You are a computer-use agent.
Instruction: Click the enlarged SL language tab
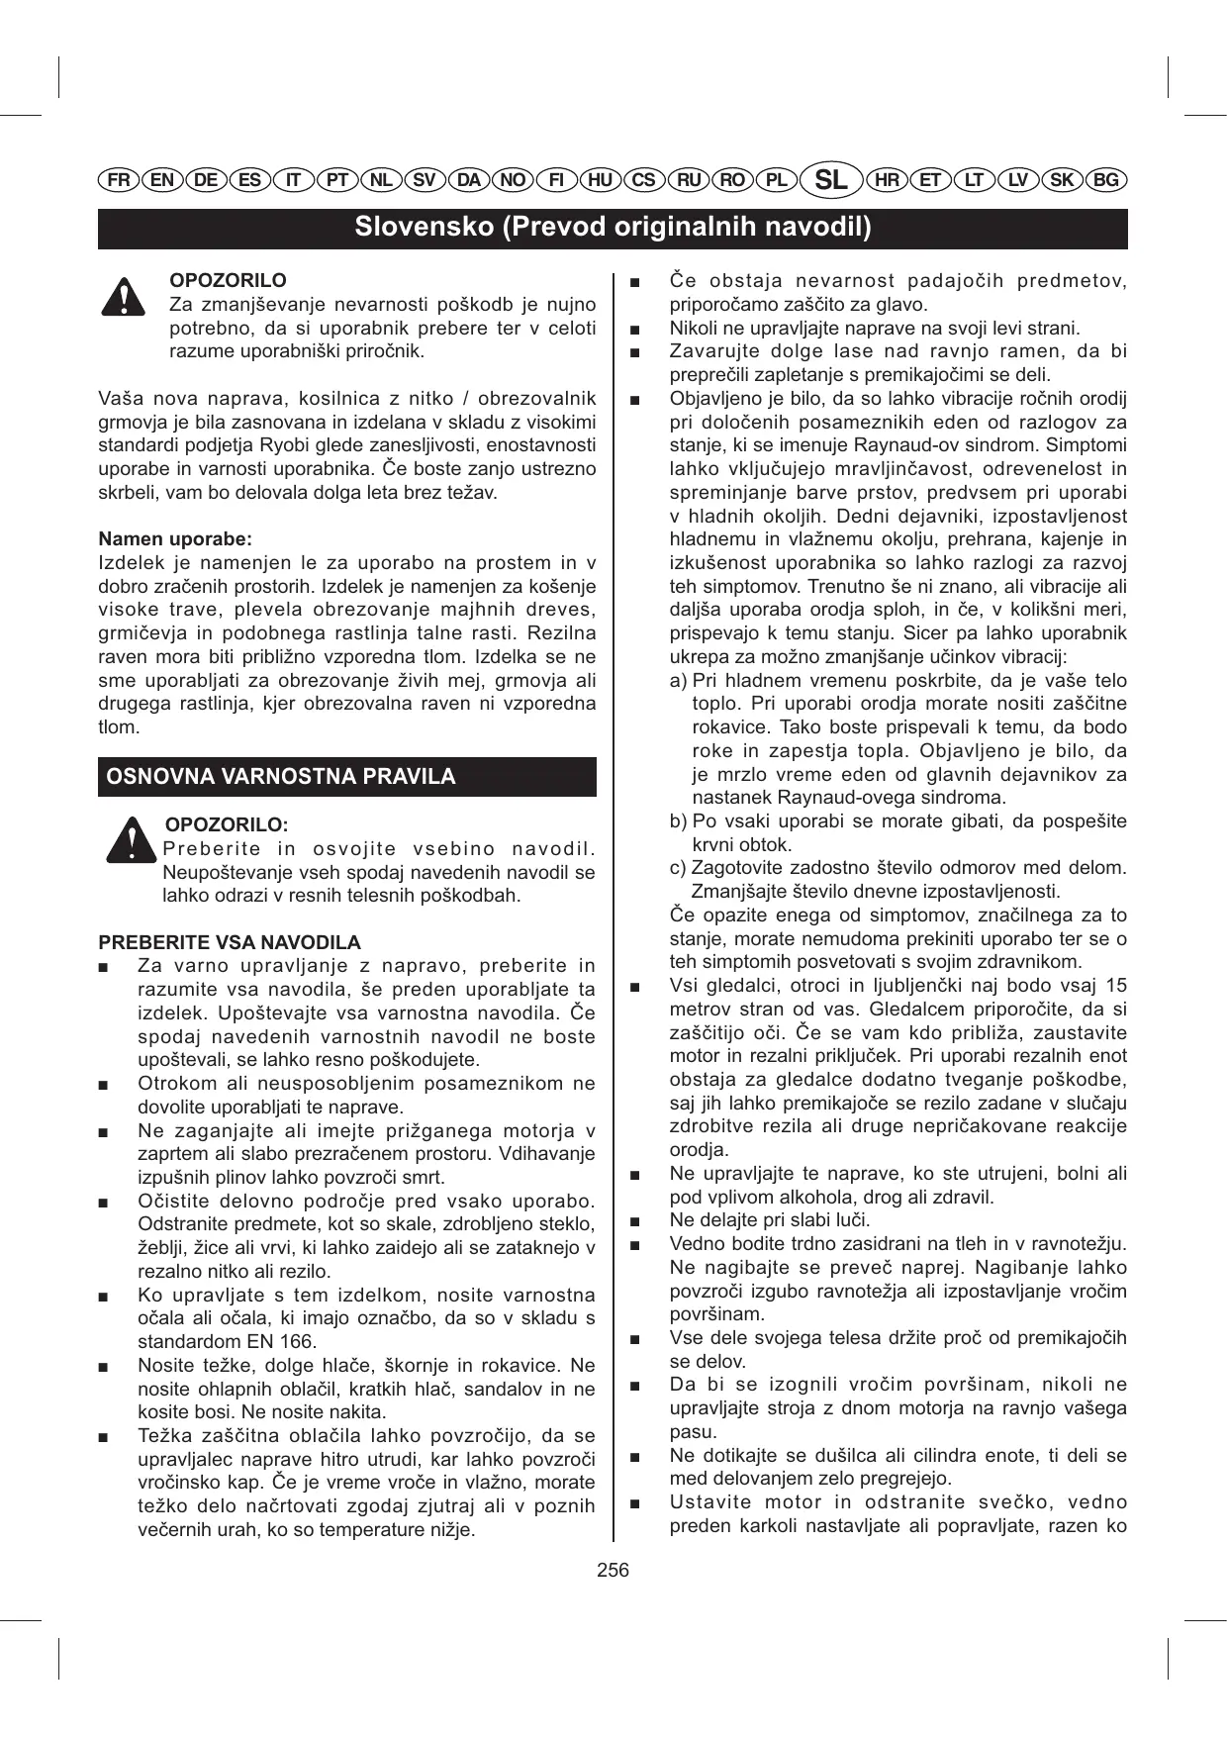[x=830, y=180]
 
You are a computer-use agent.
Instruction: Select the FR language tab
[x=119, y=180]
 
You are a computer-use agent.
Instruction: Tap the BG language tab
[x=1106, y=180]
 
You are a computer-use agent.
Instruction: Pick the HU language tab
[x=600, y=180]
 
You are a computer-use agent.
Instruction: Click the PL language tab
[x=777, y=180]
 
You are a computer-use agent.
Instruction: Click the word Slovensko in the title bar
[x=425, y=228]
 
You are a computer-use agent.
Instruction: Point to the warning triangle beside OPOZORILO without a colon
[x=123, y=297]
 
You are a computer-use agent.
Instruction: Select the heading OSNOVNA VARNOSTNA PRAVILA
[x=281, y=777]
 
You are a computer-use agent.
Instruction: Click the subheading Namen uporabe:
[x=175, y=539]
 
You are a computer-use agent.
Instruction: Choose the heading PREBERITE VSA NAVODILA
[x=230, y=942]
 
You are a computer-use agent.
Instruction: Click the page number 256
[x=614, y=1570]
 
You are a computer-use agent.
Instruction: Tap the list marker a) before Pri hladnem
[x=678, y=681]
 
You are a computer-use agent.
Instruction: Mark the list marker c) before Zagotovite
[x=678, y=868]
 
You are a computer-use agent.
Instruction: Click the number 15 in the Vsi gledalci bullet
[x=1116, y=986]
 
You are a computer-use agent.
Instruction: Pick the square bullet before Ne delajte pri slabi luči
[x=635, y=1221]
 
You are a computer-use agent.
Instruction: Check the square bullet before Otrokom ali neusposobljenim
[x=104, y=1085]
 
